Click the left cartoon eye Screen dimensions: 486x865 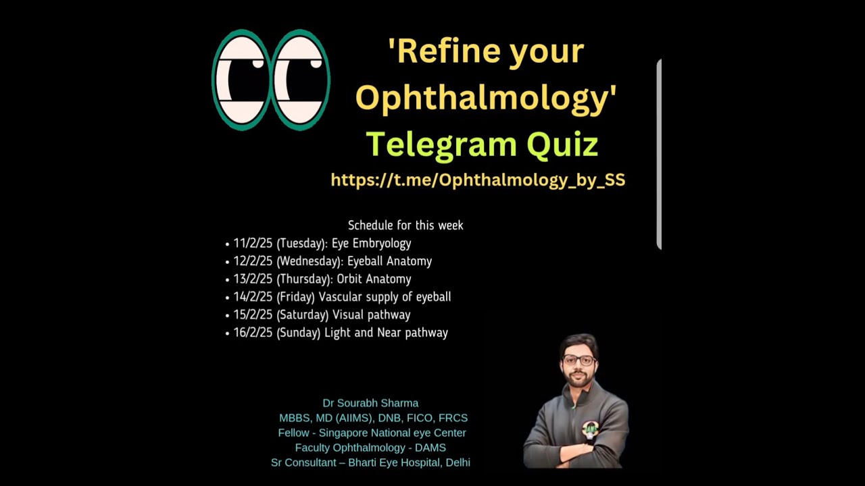(241, 80)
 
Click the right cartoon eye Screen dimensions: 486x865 (300, 80)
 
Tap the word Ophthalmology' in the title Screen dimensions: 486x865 (486, 97)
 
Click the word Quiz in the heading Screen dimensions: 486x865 (562, 144)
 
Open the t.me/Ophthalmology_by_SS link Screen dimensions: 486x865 (478, 180)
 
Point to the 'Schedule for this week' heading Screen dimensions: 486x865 (405, 225)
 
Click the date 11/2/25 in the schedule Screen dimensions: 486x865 (253, 244)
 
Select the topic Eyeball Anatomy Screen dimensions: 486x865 (389, 261)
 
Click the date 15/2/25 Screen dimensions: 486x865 (253, 315)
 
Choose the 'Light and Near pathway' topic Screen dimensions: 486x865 (386, 333)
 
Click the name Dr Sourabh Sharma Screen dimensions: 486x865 (370, 404)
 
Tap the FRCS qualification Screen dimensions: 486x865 (453, 418)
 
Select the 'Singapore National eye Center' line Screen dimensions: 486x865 (392, 433)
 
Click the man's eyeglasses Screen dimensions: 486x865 (578, 360)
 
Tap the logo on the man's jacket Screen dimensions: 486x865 (591, 428)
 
